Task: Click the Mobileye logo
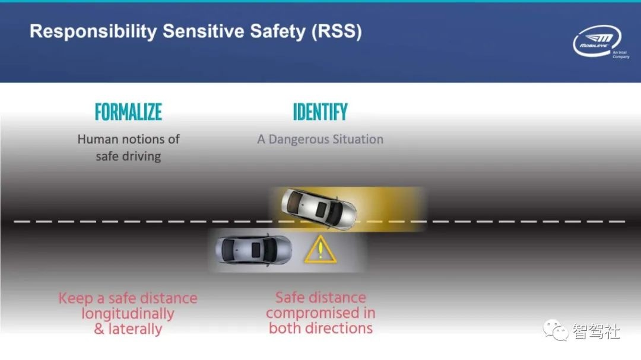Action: pyautogui.click(x=596, y=40)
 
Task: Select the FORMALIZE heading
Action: pyautogui.click(x=128, y=112)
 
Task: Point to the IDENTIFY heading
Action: pyautogui.click(x=320, y=112)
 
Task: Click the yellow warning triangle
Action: pyautogui.click(x=320, y=250)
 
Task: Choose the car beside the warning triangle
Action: pyautogui.click(x=253, y=250)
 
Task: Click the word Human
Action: pyautogui.click(x=98, y=139)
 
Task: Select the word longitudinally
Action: pyautogui.click(x=128, y=313)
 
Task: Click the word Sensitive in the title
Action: pyautogui.click(x=198, y=31)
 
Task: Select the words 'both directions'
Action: pyautogui.click(x=320, y=328)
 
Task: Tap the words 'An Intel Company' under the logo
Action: pyautogui.click(x=620, y=55)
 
